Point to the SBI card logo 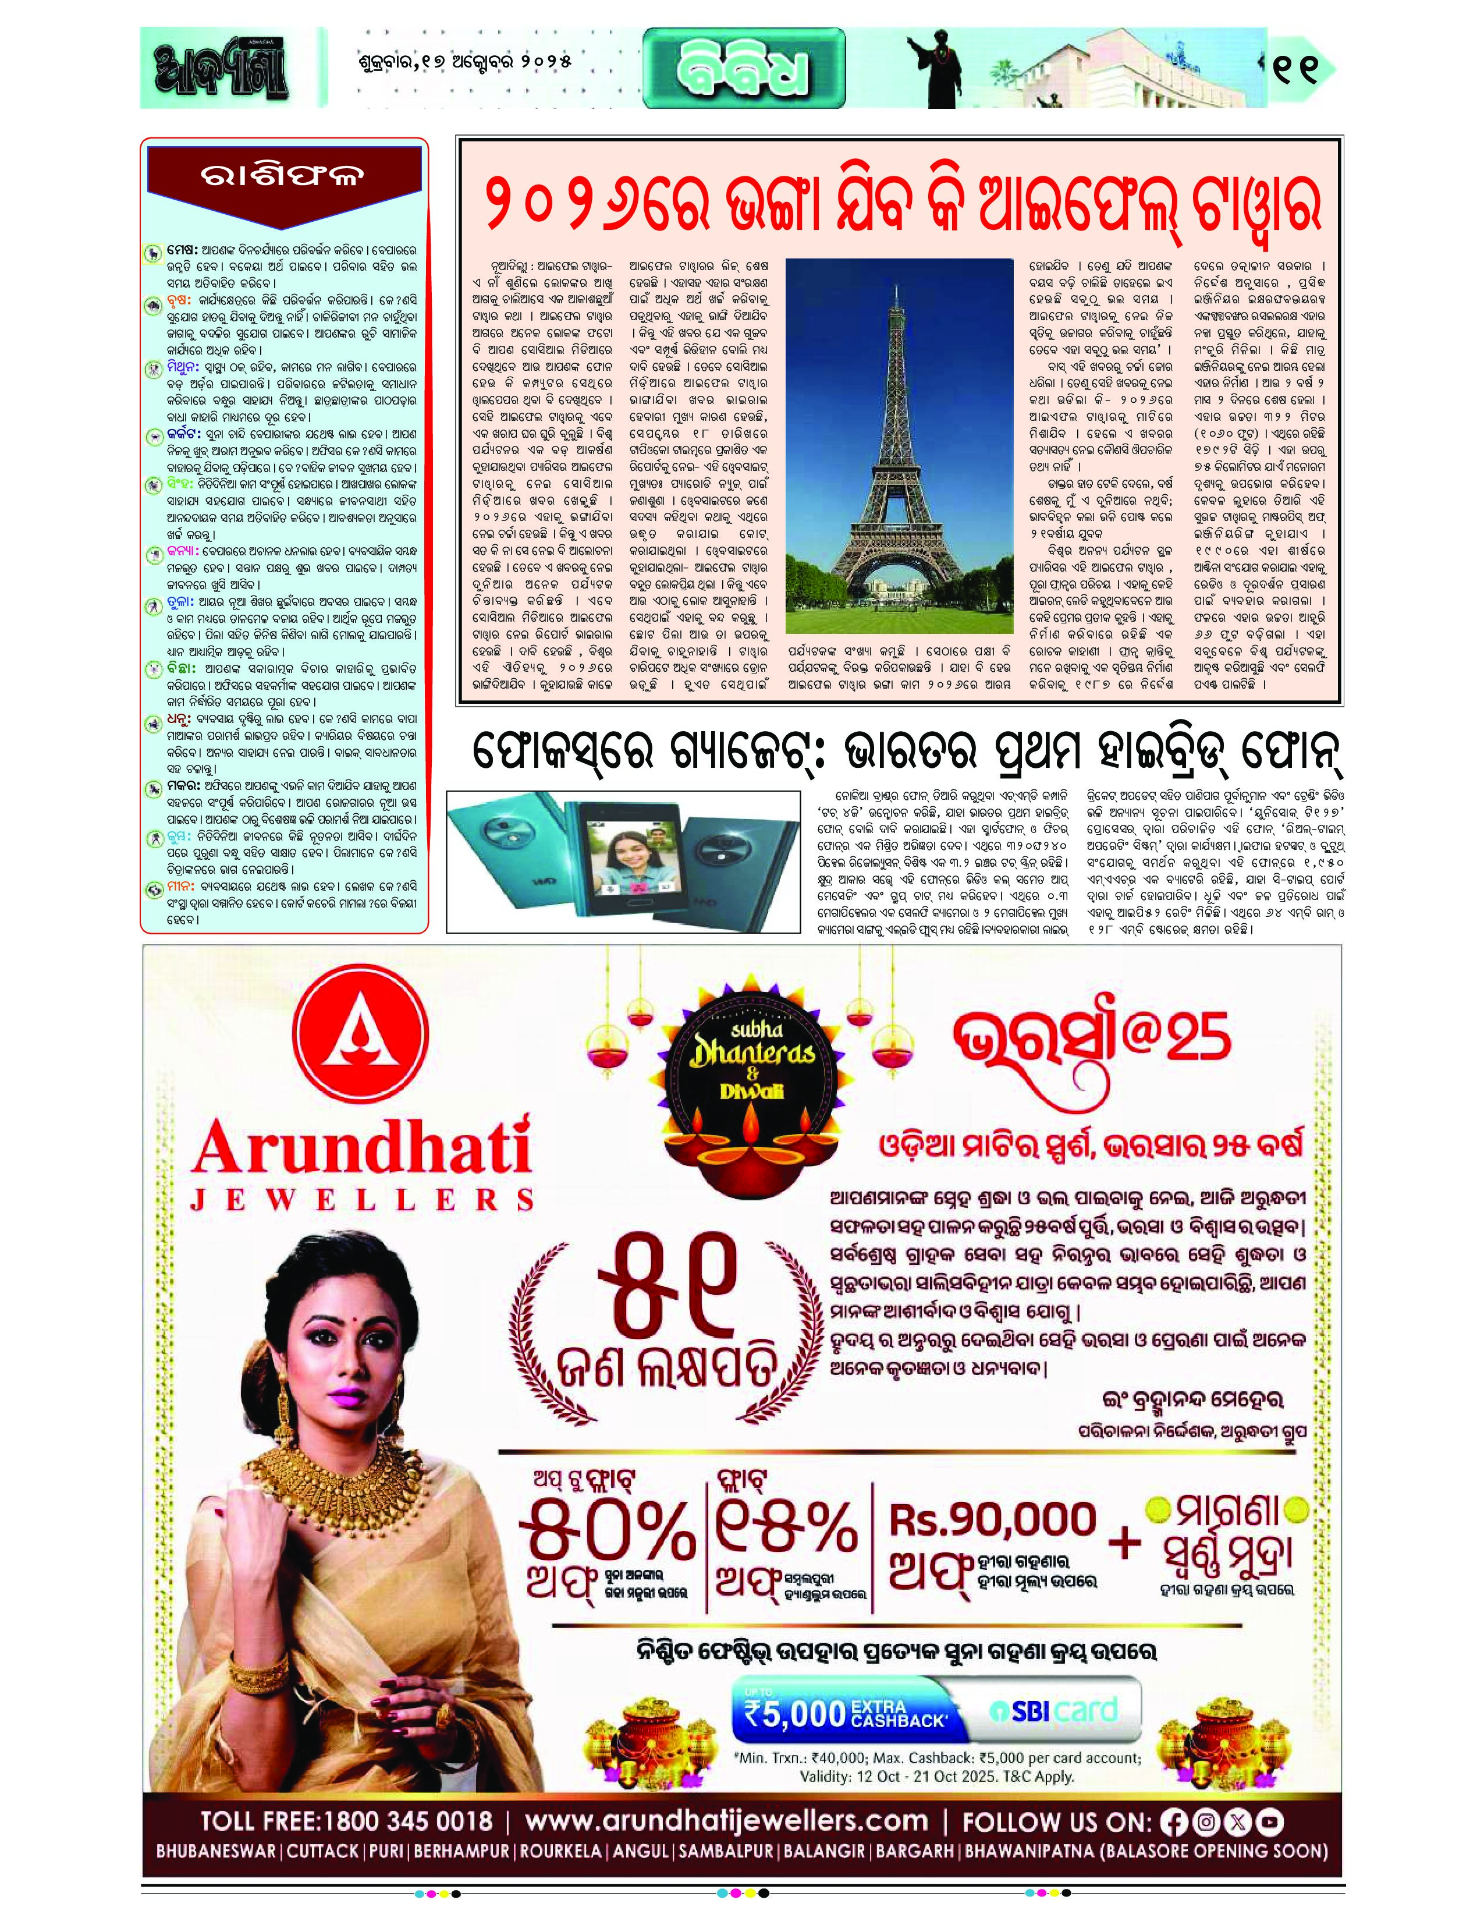point(1053,1709)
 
